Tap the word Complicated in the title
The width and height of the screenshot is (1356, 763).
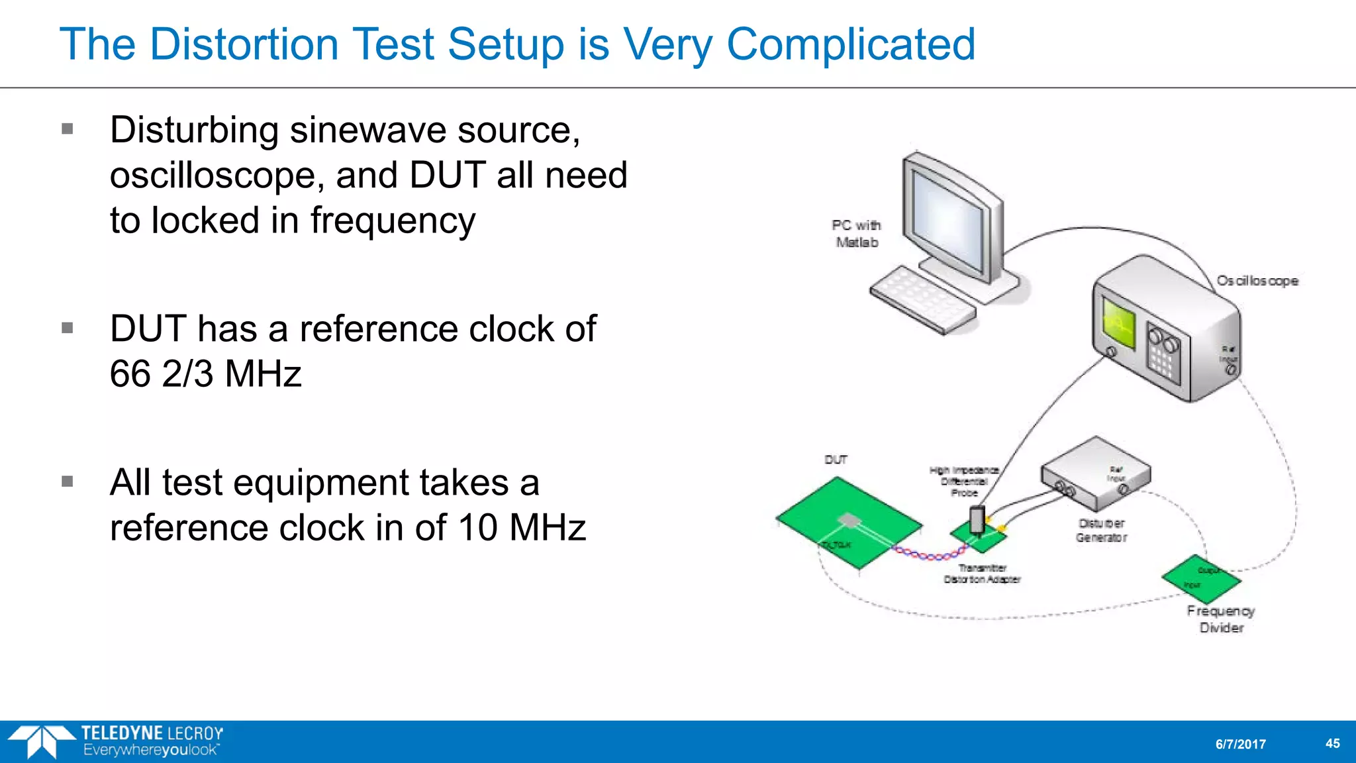click(851, 45)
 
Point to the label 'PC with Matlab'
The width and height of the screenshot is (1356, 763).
click(856, 234)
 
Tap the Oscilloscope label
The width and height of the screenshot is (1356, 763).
click(1257, 281)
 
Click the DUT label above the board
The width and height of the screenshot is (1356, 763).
click(836, 460)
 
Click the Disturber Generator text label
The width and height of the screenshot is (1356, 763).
click(1101, 531)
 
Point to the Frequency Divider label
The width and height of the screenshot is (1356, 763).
click(1220, 619)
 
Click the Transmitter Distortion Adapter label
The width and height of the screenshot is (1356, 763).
click(982, 574)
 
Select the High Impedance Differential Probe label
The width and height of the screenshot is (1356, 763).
click(964, 482)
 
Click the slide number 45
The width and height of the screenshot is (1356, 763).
click(1332, 744)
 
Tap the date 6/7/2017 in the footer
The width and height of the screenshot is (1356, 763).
click(1240, 744)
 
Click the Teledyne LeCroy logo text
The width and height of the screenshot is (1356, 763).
click(152, 733)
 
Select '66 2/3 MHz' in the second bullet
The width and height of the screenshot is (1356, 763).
click(205, 374)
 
